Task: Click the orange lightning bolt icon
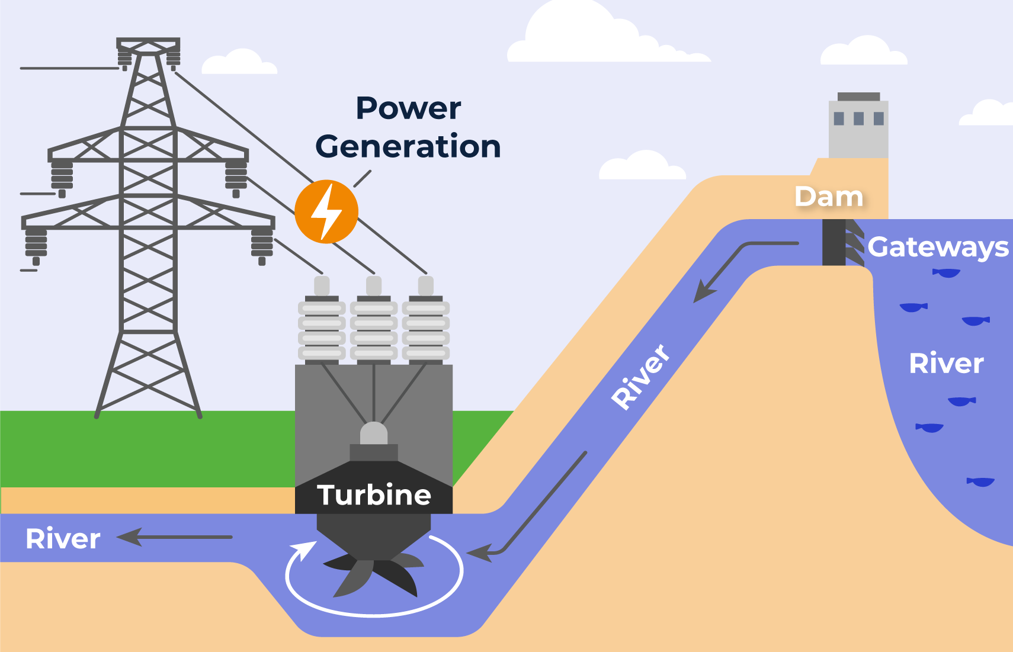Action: click(326, 211)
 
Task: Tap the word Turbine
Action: click(374, 495)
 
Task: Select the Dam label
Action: click(829, 197)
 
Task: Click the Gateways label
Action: click(938, 247)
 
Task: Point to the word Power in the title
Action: click(408, 108)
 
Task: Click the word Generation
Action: click(408, 146)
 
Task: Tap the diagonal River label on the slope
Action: click(641, 377)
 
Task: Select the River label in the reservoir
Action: click(946, 363)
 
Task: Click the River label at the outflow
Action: click(63, 539)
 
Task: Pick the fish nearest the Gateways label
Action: click(946, 273)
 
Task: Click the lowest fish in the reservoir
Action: click(980, 481)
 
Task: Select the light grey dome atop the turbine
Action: click(374, 433)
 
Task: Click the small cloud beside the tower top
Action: click(239, 63)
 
